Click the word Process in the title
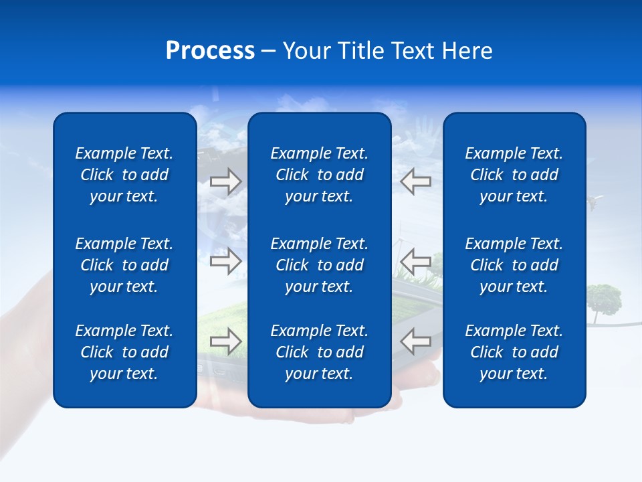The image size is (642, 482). click(x=210, y=51)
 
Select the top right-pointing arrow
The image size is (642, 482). click(x=226, y=181)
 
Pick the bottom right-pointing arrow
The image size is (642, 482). click(x=226, y=341)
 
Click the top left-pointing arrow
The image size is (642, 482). click(x=415, y=181)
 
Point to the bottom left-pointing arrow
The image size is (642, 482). click(x=415, y=341)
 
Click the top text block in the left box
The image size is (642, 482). click(x=124, y=175)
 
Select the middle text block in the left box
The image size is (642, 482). click(x=124, y=265)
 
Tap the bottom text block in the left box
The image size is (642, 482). click(x=124, y=352)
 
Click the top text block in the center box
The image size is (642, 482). click(x=320, y=175)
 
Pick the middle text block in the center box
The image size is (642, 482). click(x=320, y=265)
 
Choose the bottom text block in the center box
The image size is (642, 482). click(x=320, y=352)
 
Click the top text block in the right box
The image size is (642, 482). click(x=514, y=175)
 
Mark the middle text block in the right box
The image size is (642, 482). click(x=514, y=265)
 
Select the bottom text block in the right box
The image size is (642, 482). click(x=514, y=352)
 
